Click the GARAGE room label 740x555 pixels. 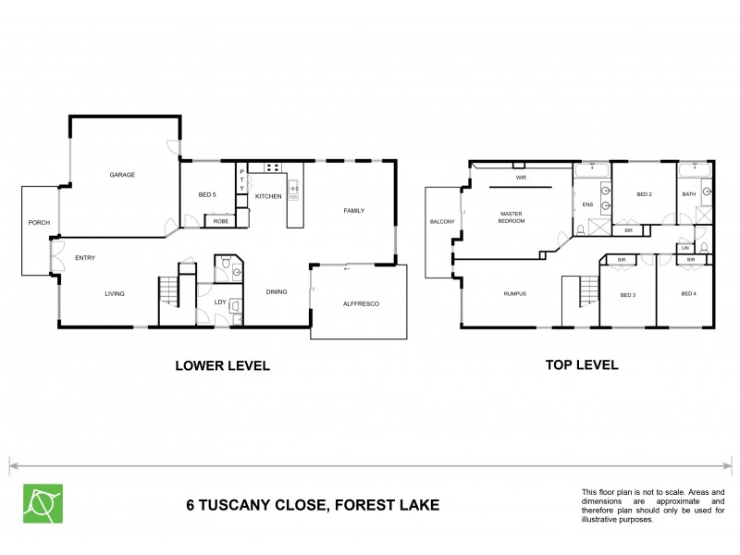pos(123,175)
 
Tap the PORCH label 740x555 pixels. pos(39,222)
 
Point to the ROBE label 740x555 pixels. pos(221,222)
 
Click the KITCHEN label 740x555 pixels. pos(268,196)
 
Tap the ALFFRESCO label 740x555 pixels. pos(362,303)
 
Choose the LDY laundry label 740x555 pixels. pos(220,302)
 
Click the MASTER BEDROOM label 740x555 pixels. pos(512,217)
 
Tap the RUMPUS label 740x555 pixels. pos(515,294)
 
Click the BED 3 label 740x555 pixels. pos(628,294)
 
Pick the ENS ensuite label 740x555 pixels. pos(587,204)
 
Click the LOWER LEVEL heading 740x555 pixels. pos(222,365)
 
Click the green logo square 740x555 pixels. pos(43,503)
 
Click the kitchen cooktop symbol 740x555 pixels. pos(274,168)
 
